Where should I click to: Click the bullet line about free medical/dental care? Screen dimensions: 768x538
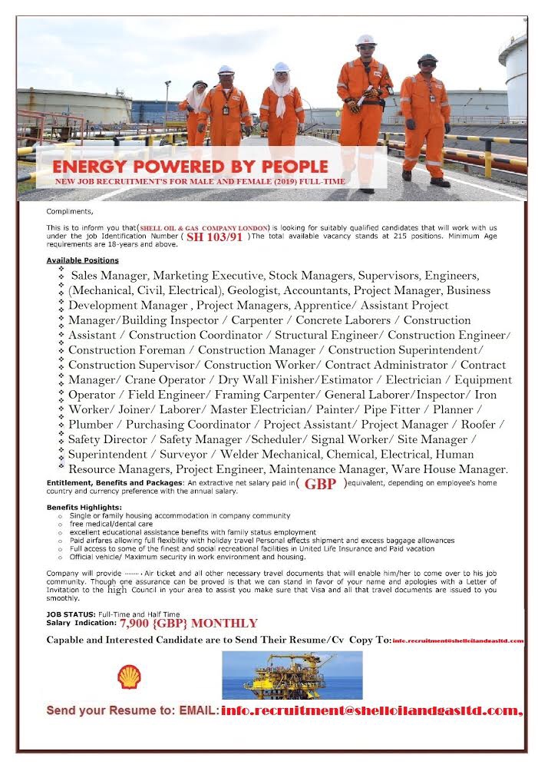(104, 523)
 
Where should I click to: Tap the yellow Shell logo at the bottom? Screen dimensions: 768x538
(128, 676)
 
